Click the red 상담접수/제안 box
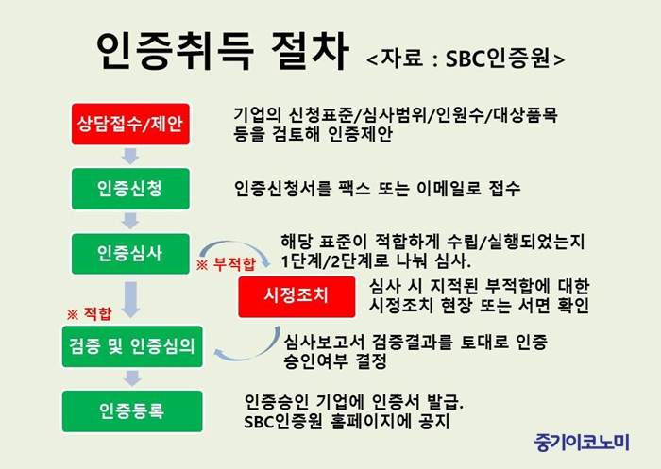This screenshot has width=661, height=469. pyautogui.click(x=130, y=125)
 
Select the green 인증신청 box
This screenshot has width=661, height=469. pyautogui.click(x=130, y=189)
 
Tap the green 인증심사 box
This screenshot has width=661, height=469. pyautogui.click(x=130, y=254)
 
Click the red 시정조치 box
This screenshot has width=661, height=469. pyautogui.click(x=297, y=296)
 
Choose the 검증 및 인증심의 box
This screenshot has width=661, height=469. pyautogui.click(x=132, y=346)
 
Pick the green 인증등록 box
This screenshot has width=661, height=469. pyautogui.click(x=132, y=411)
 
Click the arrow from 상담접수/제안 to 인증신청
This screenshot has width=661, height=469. pyautogui.click(x=130, y=156)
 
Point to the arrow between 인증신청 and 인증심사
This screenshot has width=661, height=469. pyautogui.click(x=130, y=221)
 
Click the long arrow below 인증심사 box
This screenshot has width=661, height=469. pyautogui.click(x=131, y=300)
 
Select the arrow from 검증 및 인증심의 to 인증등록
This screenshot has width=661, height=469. pyautogui.click(x=132, y=378)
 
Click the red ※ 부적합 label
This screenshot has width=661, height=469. pyautogui.click(x=226, y=264)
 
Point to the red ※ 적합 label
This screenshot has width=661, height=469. pyautogui.click(x=90, y=314)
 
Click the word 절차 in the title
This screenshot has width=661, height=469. pyautogui.click(x=310, y=51)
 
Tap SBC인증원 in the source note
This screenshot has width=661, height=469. pyautogui.click(x=499, y=59)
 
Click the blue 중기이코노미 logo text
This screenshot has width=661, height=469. pyautogui.click(x=582, y=443)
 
